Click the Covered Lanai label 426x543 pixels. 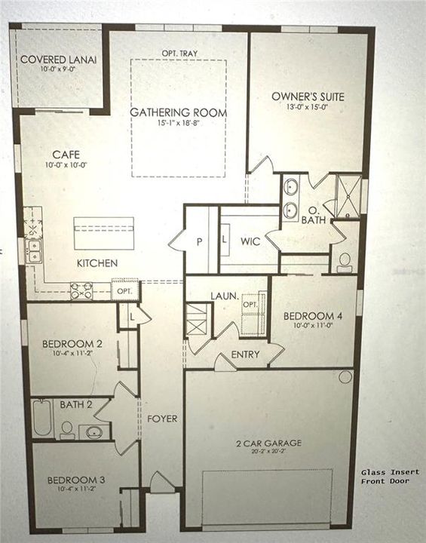[x=58, y=60]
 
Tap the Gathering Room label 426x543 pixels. [x=178, y=113]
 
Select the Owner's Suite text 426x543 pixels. [x=308, y=97]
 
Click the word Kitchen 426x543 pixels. [x=97, y=263]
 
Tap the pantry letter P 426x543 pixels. [x=200, y=243]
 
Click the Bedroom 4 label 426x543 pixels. [x=313, y=316]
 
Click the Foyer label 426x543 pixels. [x=162, y=419]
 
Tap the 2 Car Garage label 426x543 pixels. [x=268, y=443]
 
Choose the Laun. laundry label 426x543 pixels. [x=225, y=296]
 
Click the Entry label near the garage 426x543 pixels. [x=247, y=354]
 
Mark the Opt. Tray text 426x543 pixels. [x=178, y=53]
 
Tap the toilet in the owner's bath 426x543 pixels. [x=345, y=261]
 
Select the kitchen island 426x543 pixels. [x=104, y=233]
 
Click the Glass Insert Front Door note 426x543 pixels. [x=385, y=476]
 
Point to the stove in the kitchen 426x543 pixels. [x=81, y=290]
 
